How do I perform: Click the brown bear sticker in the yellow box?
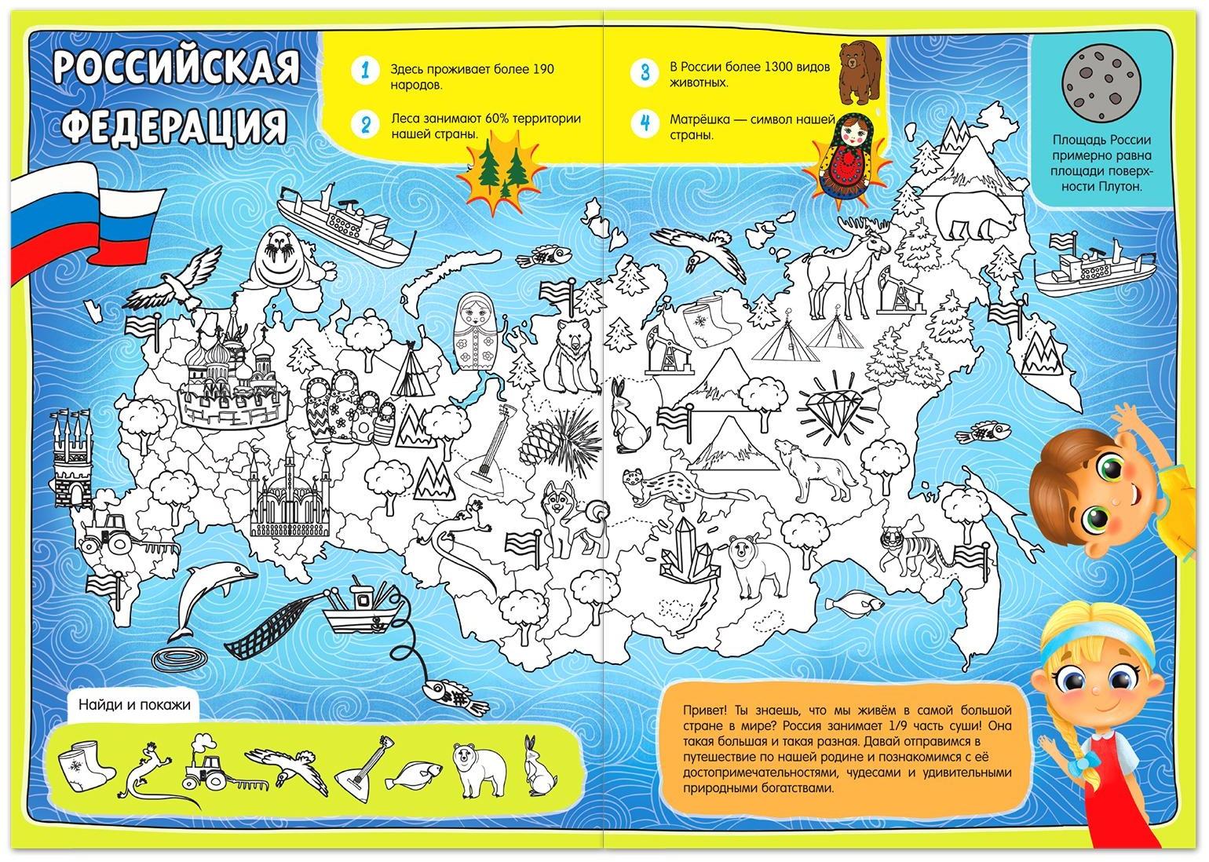[x=861, y=72]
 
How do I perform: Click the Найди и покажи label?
[x=134, y=704]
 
